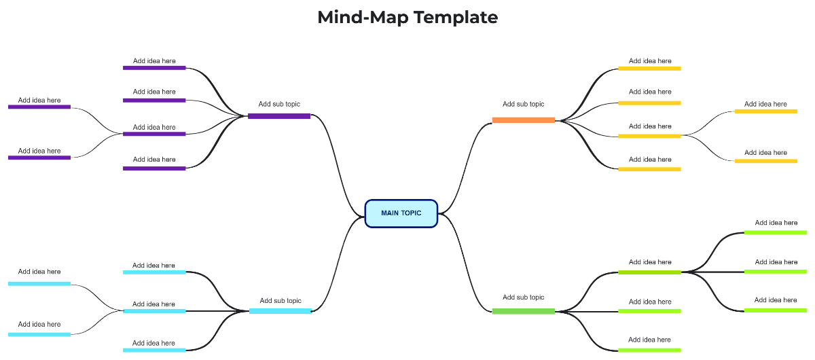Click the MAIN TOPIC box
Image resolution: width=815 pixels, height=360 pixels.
pyautogui.click(x=401, y=213)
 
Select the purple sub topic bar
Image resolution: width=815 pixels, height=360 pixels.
pyautogui.click(x=279, y=116)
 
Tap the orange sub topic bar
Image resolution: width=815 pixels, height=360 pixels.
pyautogui.click(x=523, y=120)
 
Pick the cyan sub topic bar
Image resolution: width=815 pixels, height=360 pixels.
pyautogui.click(x=280, y=311)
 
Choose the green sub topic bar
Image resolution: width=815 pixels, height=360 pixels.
pyautogui.click(x=523, y=311)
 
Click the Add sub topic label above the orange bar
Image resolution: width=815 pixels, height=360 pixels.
pyautogui.click(x=523, y=105)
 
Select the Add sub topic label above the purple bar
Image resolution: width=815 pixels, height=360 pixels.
pyautogui.click(x=279, y=105)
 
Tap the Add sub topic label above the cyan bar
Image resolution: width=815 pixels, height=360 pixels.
pyautogui.click(x=280, y=301)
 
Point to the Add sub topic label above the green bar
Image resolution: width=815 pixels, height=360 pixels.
pyautogui.click(x=523, y=298)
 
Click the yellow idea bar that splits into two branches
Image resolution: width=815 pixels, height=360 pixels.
pyautogui.click(x=649, y=136)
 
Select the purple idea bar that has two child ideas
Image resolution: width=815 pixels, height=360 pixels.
pyautogui.click(x=154, y=134)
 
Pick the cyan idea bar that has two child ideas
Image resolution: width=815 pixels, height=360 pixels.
pyautogui.click(x=154, y=311)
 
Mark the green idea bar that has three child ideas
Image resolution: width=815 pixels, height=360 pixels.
pyautogui.click(x=649, y=272)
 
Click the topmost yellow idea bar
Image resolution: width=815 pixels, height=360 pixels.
pyautogui.click(x=649, y=69)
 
